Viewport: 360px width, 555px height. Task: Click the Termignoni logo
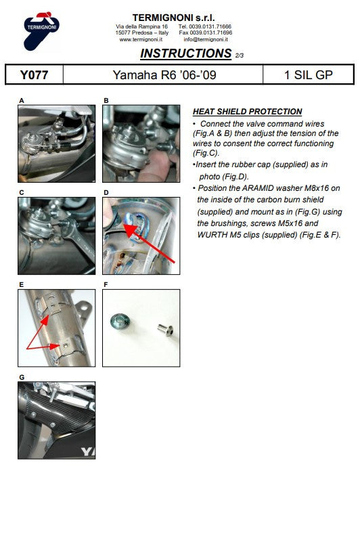click(x=41, y=30)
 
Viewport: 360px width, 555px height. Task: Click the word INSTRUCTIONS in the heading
click(x=186, y=53)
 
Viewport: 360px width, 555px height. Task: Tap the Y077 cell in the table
click(x=35, y=74)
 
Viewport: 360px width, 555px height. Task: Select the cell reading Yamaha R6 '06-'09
click(x=164, y=74)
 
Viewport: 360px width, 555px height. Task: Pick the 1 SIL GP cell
click(x=309, y=74)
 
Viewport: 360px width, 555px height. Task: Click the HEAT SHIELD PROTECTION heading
click(x=247, y=112)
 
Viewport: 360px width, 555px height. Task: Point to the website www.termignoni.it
click(x=141, y=39)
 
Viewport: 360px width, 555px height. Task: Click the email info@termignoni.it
click(x=205, y=39)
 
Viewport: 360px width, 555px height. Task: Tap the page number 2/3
click(x=240, y=56)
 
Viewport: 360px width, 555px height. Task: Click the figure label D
click(x=106, y=192)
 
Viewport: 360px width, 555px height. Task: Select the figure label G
click(x=22, y=377)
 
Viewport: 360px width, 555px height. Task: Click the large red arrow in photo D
click(x=149, y=242)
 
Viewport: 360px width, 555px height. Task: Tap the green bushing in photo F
click(x=120, y=321)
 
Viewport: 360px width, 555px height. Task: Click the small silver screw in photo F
click(x=165, y=330)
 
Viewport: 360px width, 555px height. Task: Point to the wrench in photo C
click(x=78, y=241)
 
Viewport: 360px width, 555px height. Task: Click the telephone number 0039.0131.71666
click(x=210, y=26)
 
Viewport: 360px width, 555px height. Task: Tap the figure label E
click(x=21, y=284)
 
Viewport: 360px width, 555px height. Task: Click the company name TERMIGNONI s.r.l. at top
click(x=173, y=18)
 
